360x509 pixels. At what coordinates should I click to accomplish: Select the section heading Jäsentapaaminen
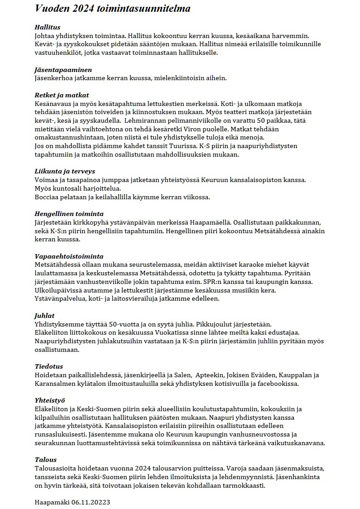click(x=63, y=70)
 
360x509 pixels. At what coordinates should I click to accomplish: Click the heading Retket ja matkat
click(x=62, y=95)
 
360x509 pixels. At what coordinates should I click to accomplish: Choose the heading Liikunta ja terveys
click(x=65, y=171)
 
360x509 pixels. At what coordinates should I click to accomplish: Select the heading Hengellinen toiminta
click(x=69, y=214)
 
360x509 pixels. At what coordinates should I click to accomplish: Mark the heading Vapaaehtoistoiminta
click(x=69, y=256)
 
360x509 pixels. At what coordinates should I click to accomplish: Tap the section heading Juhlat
click(x=45, y=316)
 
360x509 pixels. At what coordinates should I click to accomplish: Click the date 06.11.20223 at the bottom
click(x=91, y=502)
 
